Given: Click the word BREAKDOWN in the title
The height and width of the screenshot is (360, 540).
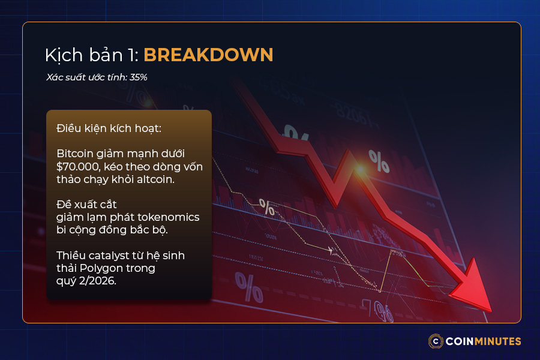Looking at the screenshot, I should click(208, 55).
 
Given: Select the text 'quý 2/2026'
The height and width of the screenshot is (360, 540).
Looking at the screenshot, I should click(85, 280).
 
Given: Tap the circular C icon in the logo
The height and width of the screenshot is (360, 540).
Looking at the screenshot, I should click(436, 341).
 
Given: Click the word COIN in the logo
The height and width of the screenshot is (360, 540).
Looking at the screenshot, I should click(459, 341).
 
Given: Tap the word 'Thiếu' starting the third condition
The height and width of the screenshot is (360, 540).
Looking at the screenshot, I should click(71, 256).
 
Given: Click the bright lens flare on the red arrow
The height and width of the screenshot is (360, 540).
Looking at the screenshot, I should click(359, 170).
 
